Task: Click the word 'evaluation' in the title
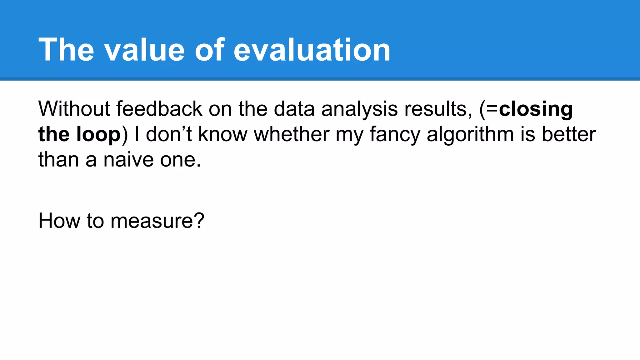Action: click(x=312, y=50)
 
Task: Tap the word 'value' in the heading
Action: click(x=144, y=50)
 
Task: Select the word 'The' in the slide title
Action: click(x=66, y=50)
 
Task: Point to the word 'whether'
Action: click(x=291, y=134)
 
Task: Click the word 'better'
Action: click(x=568, y=134)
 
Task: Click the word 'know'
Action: click(x=222, y=134)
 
